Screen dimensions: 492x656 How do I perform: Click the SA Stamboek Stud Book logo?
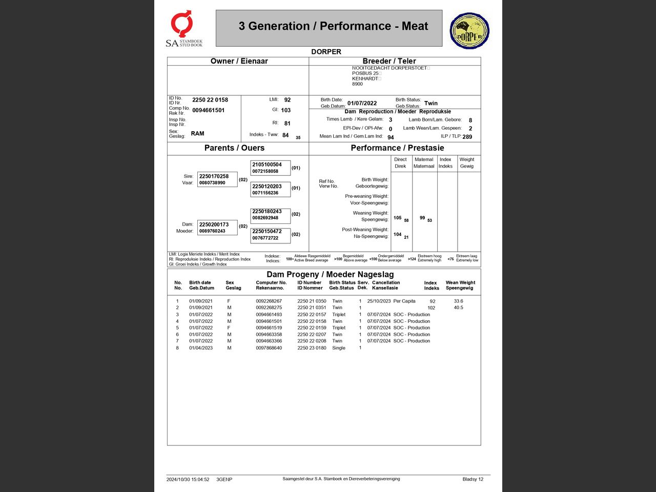pos(183,29)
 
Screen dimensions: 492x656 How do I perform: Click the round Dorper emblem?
pos(469,31)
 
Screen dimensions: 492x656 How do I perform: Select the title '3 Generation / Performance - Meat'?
pos(333,27)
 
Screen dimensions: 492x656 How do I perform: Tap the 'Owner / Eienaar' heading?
pos(239,61)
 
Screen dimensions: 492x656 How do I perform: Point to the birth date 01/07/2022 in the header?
pos(362,104)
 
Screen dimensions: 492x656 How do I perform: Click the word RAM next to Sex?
pos(197,134)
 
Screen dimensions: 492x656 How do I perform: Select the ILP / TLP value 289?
pos(467,137)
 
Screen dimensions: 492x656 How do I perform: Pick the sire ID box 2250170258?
pos(217,179)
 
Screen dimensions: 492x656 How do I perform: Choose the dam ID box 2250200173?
pos(217,228)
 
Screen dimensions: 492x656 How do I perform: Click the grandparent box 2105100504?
pos(270,168)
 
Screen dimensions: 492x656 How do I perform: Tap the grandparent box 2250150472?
pos(270,234)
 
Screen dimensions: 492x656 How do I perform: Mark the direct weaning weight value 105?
pos(398,218)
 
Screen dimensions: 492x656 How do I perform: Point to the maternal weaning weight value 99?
pos(422,218)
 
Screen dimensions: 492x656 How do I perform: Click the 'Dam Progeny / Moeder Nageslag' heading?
pos(330,275)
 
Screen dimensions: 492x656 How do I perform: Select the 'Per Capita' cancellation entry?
pos(404,301)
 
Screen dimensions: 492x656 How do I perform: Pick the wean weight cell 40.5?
pos(458,308)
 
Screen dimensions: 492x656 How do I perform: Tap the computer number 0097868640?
pos(269,348)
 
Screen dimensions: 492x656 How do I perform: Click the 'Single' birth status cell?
pos(339,348)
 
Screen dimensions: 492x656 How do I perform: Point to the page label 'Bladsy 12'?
pos(473,480)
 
